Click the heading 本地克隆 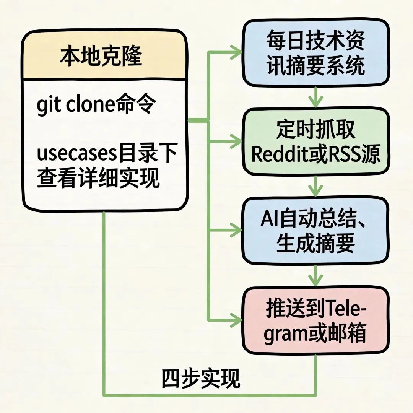pyautogui.click(x=101, y=56)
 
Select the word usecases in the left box pyautogui.click(x=76, y=154)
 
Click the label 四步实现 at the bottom pyautogui.click(x=200, y=378)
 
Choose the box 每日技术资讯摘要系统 pyautogui.click(x=315, y=53)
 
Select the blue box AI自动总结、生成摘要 pyautogui.click(x=315, y=231)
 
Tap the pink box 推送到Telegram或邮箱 pyautogui.click(x=315, y=320)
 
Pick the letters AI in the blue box pyautogui.click(x=269, y=219)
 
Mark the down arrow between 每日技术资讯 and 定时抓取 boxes pyautogui.click(x=315, y=97)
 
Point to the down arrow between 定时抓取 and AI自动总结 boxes pyautogui.click(x=315, y=186)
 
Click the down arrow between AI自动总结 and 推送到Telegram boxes pyautogui.click(x=315, y=275)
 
